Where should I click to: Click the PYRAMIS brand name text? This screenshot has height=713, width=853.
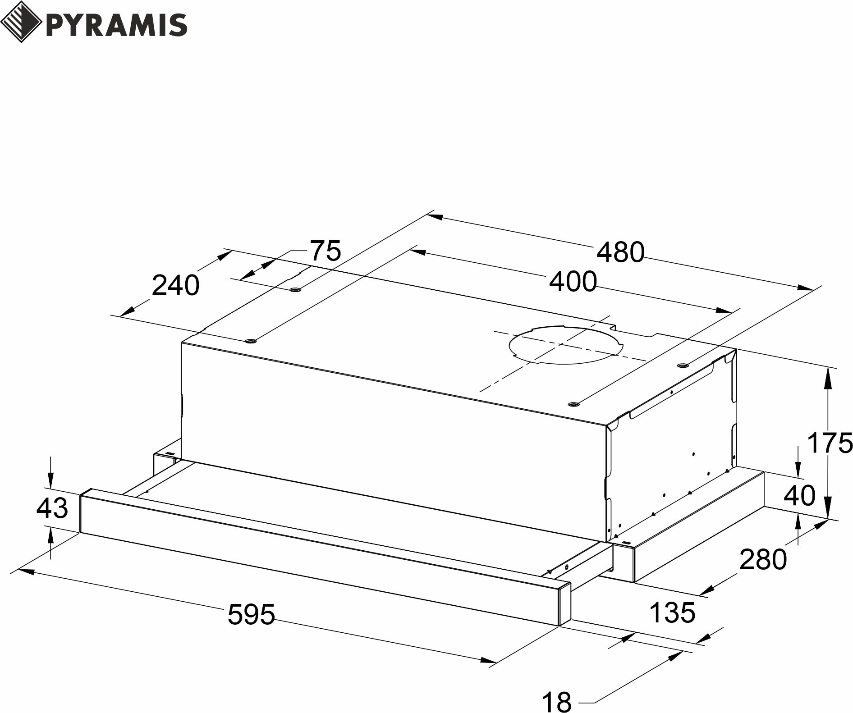click(116, 25)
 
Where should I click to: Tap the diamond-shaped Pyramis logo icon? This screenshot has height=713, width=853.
click(21, 22)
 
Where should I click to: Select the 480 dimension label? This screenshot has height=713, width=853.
click(620, 252)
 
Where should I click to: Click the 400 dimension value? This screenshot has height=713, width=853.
click(573, 282)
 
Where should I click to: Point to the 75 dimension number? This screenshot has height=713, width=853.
click(326, 251)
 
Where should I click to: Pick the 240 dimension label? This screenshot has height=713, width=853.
click(175, 285)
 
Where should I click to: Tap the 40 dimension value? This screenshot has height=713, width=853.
click(800, 495)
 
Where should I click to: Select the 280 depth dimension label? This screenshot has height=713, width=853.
click(763, 559)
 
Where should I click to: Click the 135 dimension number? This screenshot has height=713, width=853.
click(672, 612)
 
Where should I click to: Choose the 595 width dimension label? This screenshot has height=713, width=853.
click(251, 614)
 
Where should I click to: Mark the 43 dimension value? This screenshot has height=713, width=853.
click(52, 508)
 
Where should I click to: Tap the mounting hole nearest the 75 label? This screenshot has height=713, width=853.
click(296, 289)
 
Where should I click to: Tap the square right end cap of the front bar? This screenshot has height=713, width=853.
click(565, 604)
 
